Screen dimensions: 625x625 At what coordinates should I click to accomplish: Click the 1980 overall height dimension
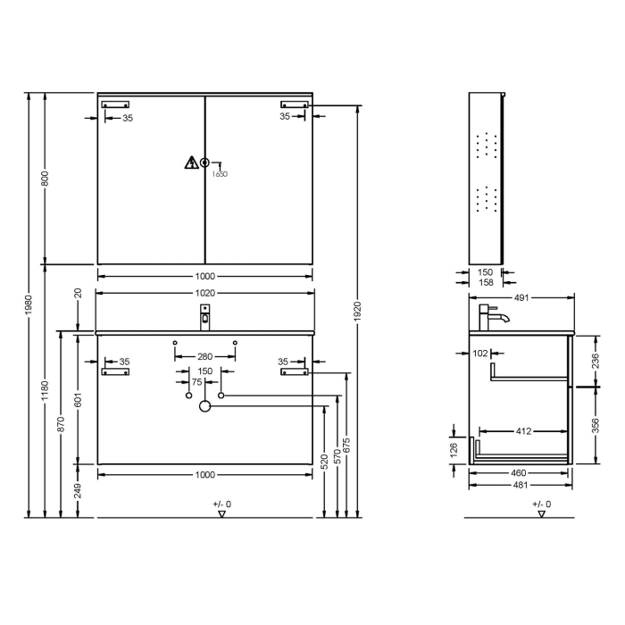(29, 304)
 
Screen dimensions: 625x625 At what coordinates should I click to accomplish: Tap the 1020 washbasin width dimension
(205, 293)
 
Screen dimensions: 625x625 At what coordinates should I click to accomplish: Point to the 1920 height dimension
(357, 311)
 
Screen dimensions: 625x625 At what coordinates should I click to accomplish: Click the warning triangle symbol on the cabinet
(191, 162)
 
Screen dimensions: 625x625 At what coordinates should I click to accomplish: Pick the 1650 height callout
(220, 174)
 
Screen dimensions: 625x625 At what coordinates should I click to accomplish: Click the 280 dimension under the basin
(205, 356)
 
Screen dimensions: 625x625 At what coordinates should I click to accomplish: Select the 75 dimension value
(196, 380)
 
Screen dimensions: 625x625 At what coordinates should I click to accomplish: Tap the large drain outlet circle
(204, 407)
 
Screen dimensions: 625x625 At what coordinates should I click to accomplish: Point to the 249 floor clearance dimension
(78, 490)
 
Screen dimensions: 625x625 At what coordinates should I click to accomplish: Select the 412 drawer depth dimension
(523, 431)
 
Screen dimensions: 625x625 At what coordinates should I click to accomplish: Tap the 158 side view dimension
(485, 283)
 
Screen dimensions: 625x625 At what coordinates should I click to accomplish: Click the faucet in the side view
(492, 317)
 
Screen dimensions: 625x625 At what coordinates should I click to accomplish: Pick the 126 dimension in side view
(454, 447)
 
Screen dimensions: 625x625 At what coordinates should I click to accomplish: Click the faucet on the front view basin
(205, 315)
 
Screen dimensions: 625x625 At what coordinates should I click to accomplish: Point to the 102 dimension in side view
(480, 354)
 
